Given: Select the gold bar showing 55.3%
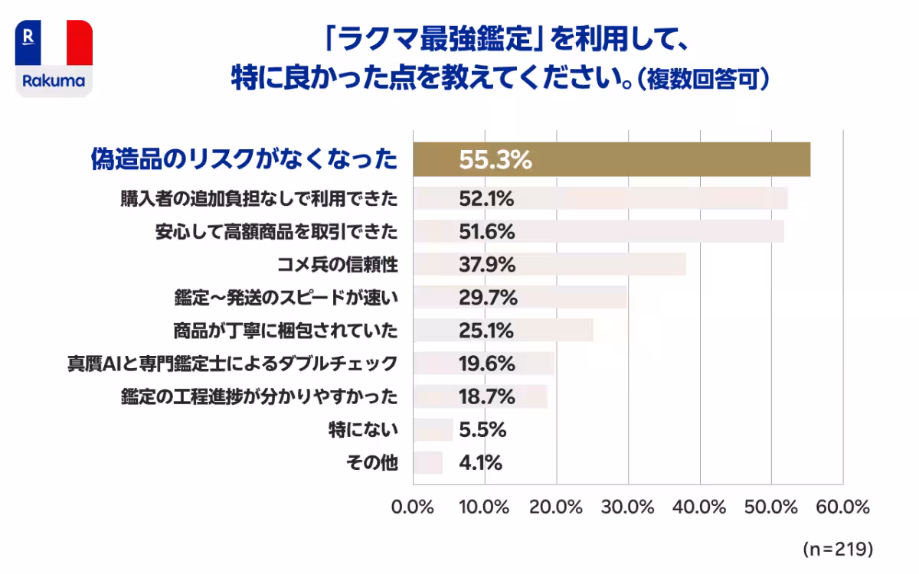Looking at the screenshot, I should (x=611, y=159).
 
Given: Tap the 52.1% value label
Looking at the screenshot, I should (x=486, y=198).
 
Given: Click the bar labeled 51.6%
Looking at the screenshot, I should (x=597, y=231).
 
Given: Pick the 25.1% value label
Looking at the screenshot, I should (x=486, y=331).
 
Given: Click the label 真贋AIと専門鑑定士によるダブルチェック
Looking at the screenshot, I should (x=233, y=364).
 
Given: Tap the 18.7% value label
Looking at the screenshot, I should (x=486, y=396).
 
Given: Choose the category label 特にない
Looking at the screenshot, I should (x=363, y=430).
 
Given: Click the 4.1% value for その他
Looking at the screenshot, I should (x=481, y=463).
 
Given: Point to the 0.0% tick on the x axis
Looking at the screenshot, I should (x=413, y=507).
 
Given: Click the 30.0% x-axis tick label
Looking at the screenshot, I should (x=628, y=507).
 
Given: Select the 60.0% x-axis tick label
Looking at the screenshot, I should (x=843, y=507).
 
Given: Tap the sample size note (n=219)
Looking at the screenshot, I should (x=838, y=550).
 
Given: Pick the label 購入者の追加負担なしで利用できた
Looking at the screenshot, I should (x=260, y=198).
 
